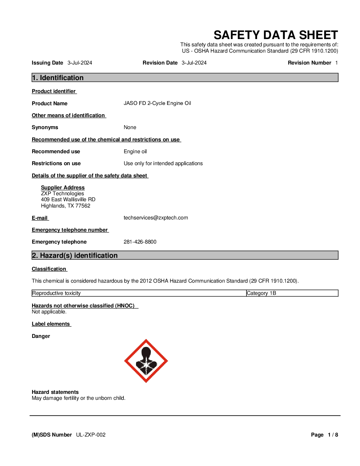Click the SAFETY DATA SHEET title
click(x=276, y=35)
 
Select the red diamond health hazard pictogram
click(x=146, y=361)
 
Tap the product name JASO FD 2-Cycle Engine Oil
click(x=157, y=103)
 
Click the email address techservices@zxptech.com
click(x=156, y=218)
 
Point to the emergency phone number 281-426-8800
click(x=140, y=242)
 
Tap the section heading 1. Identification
click(x=58, y=78)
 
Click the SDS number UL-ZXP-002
click(x=91, y=435)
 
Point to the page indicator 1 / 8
click(x=333, y=435)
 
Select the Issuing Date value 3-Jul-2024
click(x=80, y=63)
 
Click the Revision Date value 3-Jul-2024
click(x=194, y=63)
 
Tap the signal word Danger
click(x=41, y=336)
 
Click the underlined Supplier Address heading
click(x=63, y=188)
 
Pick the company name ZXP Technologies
click(x=63, y=194)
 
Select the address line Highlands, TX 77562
click(x=66, y=206)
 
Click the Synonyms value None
click(x=130, y=127)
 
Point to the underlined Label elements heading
click(x=51, y=324)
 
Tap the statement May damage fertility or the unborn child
click(x=78, y=398)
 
